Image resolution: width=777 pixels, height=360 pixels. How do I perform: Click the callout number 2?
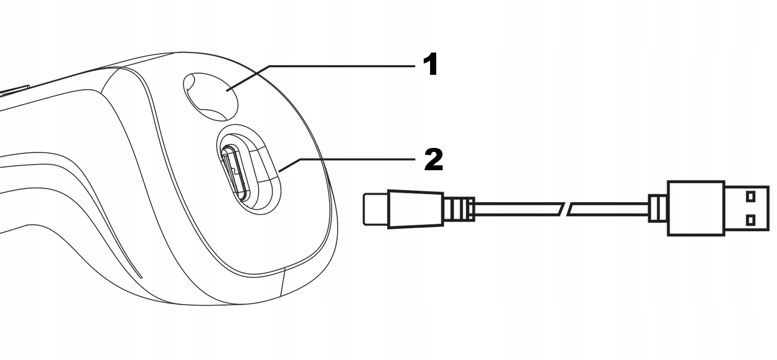[x=433, y=160]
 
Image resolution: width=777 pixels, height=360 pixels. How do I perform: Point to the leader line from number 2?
[x=352, y=159]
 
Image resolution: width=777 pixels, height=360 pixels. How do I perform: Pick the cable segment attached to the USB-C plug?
[x=517, y=209]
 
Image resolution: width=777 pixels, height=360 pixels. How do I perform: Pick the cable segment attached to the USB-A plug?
[x=608, y=209]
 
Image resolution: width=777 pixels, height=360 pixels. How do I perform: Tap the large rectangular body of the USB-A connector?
[x=695, y=209]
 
